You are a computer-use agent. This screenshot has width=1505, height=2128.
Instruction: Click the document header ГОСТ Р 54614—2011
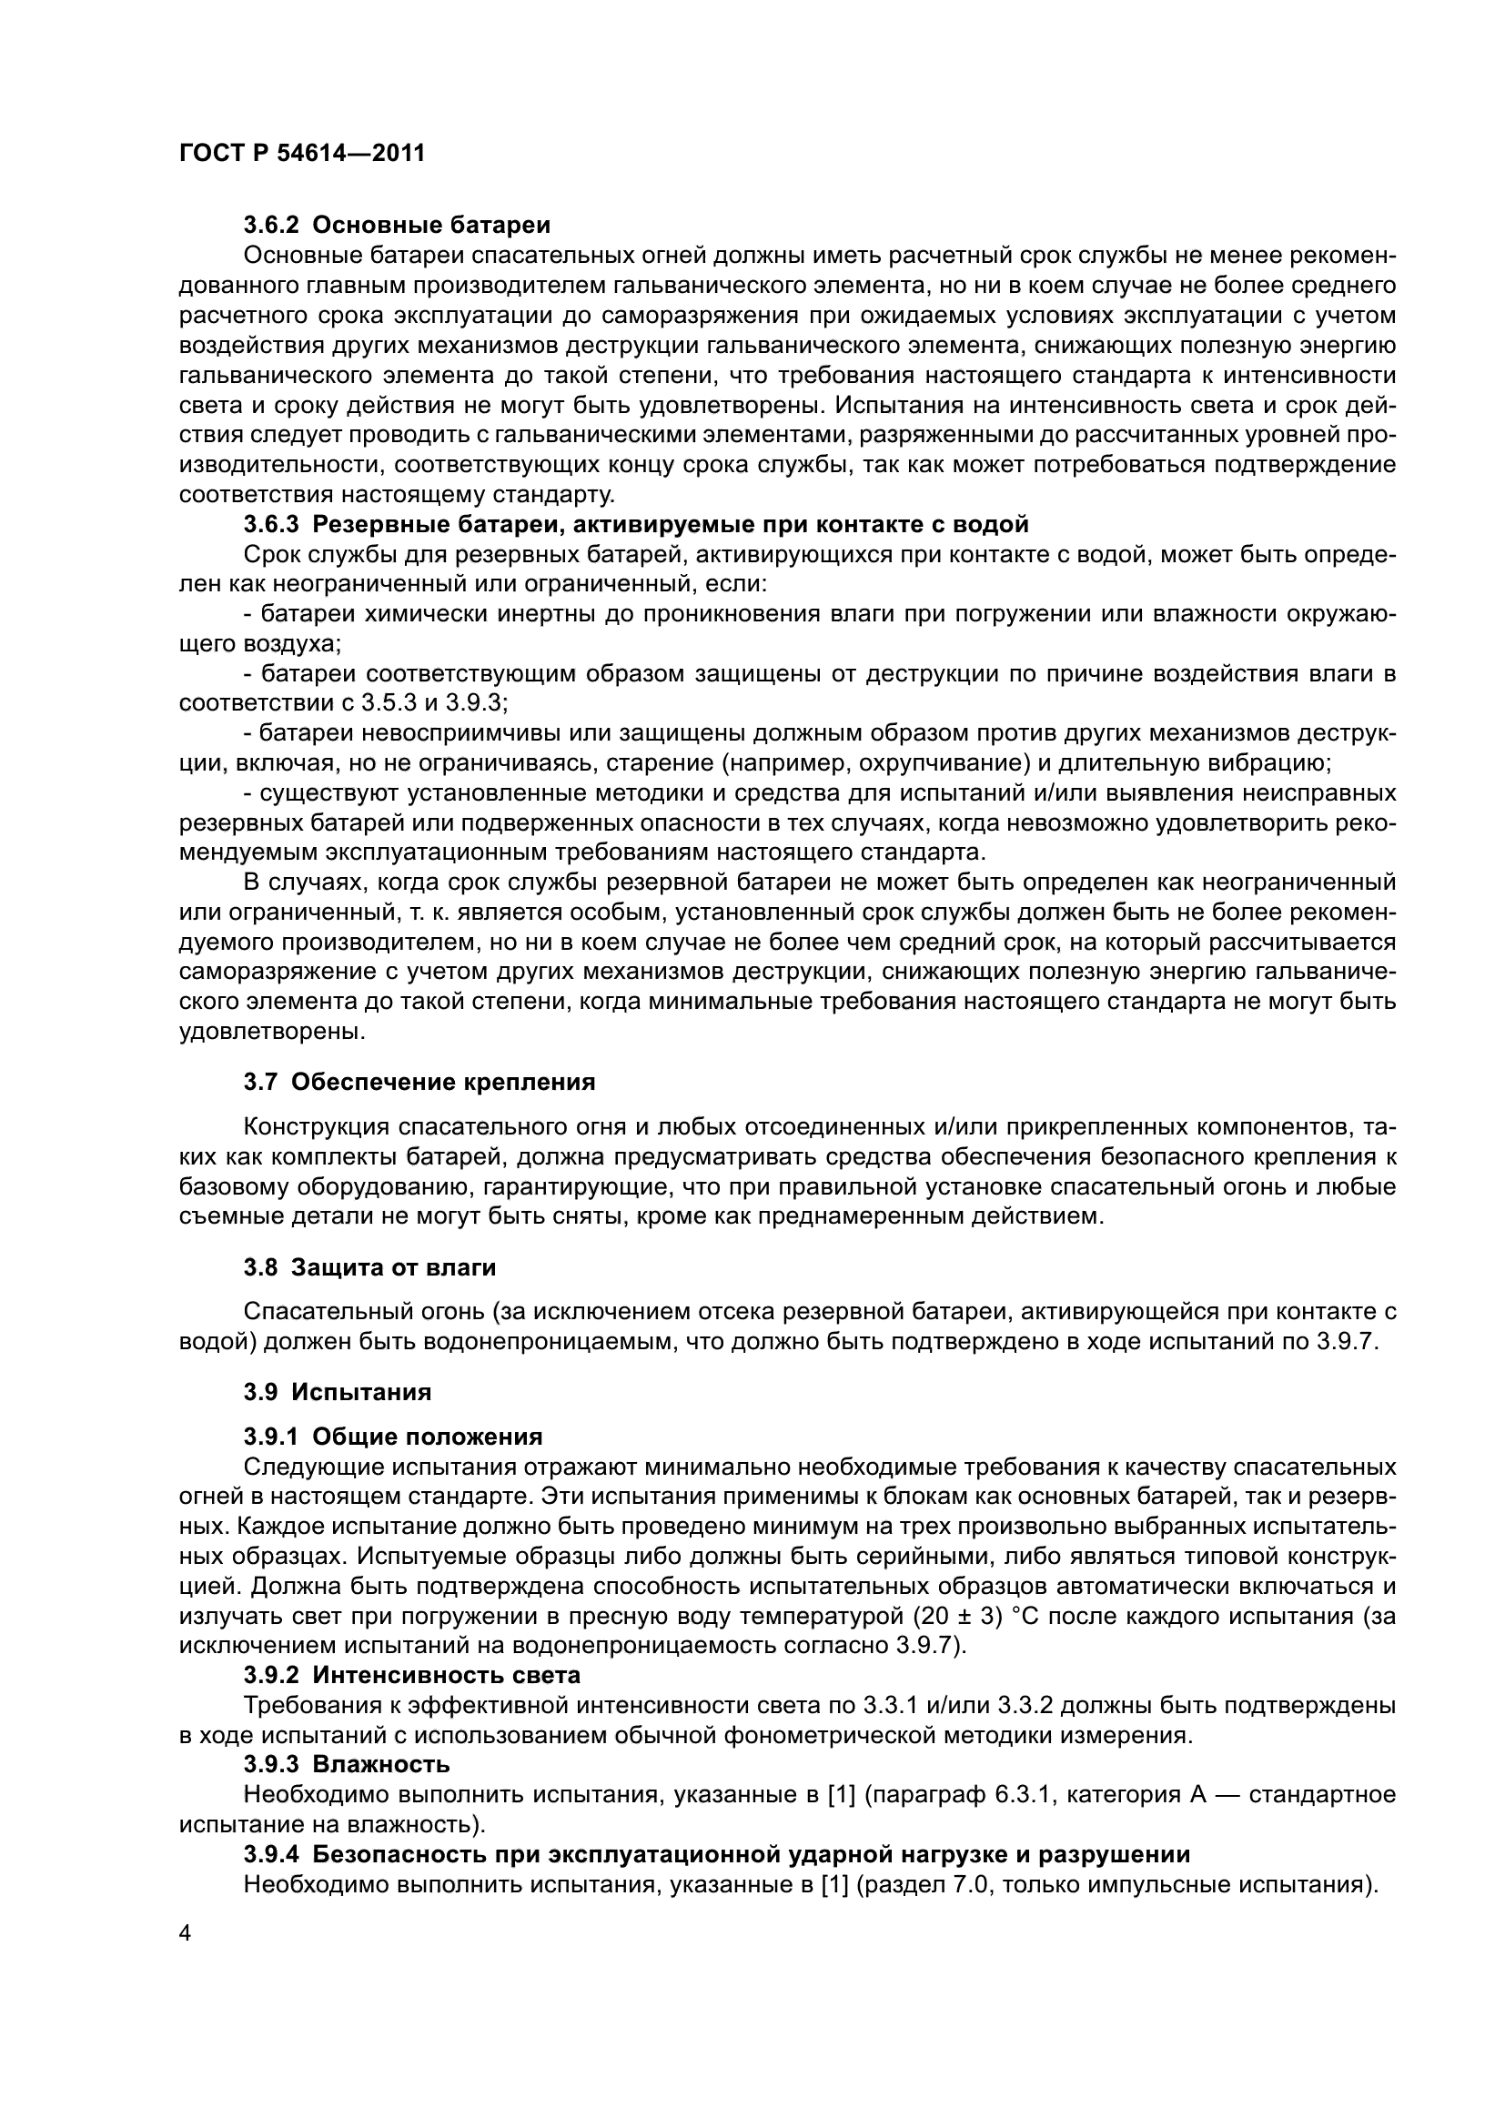[x=301, y=153]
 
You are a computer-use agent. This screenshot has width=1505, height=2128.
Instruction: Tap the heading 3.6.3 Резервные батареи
[x=636, y=525]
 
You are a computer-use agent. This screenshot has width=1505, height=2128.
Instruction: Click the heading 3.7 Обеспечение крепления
[x=419, y=1082]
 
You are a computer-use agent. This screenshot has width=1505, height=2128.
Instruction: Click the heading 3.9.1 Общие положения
[x=393, y=1437]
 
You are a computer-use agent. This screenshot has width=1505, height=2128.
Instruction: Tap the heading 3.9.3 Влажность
[x=347, y=1764]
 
